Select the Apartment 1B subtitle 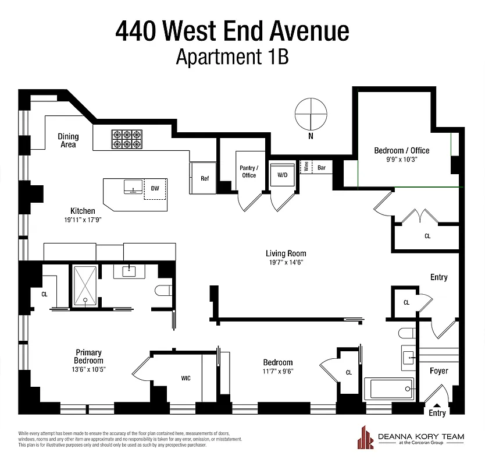click(232, 58)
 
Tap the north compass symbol click(311, 115)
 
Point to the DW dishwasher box click(155, 189)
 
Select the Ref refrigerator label click(204, 178)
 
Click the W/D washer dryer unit click(283, 174)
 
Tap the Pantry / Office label click(249, 171)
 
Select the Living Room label click(286, 253)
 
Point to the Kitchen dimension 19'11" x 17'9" click(83, 221)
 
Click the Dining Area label click(68, 140)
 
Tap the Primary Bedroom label click(88, 356)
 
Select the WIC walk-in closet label click(186, 378)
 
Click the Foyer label click(438, 371)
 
